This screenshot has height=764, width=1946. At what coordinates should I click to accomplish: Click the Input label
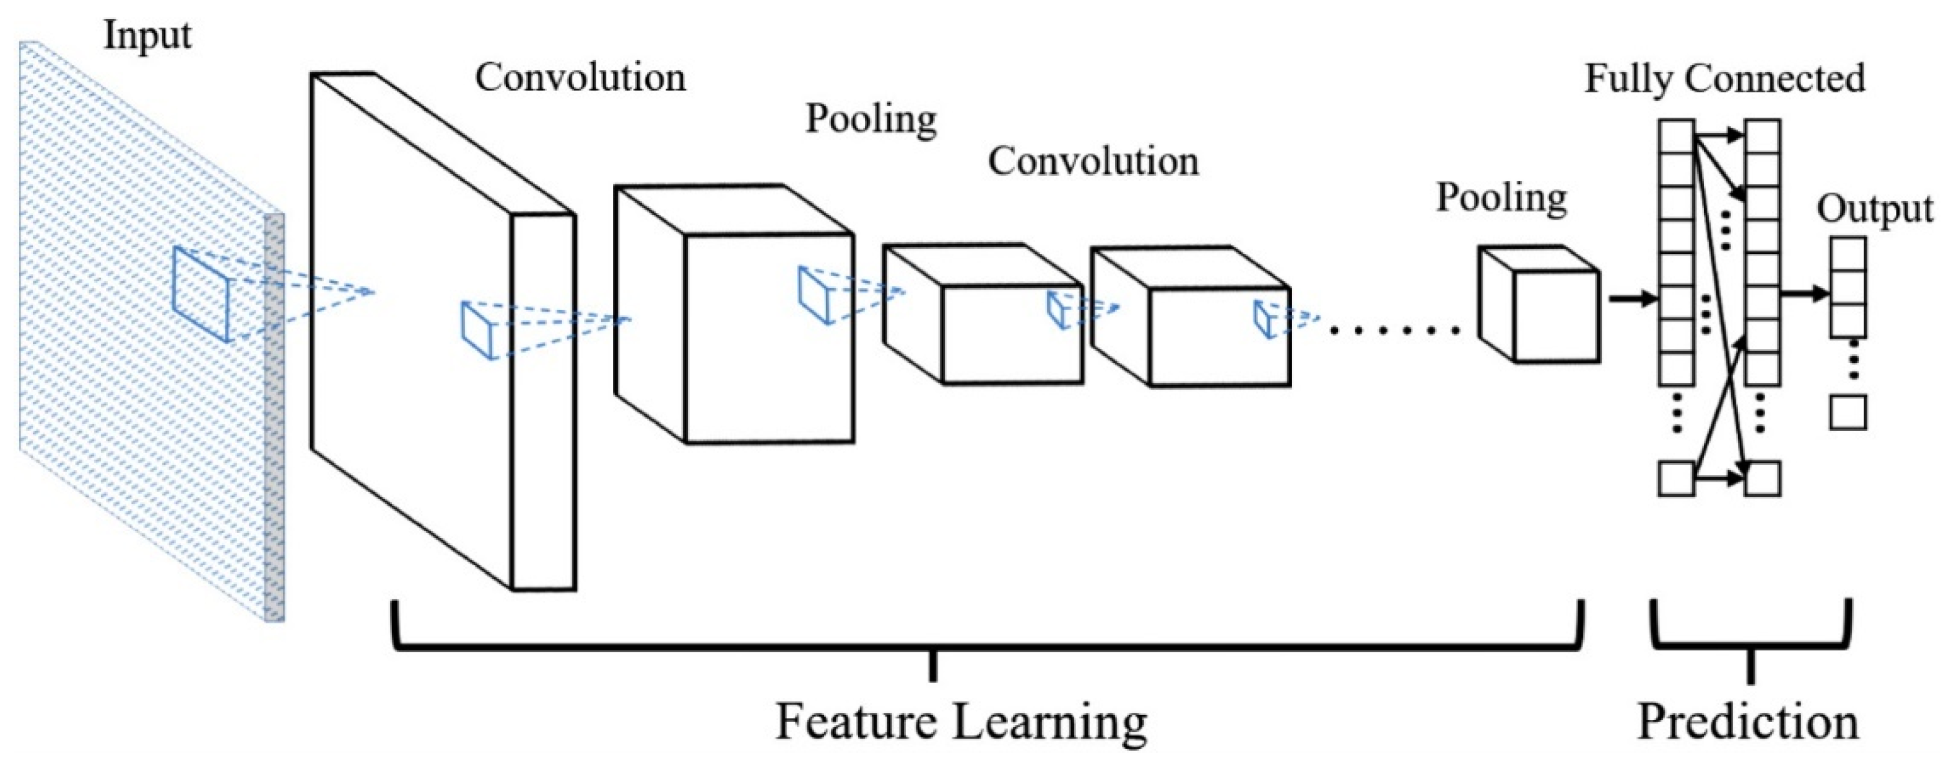(147, 35)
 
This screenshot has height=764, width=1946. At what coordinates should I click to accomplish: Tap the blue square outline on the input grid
(200, 294)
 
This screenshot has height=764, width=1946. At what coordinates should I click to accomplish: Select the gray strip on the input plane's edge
(274, 415)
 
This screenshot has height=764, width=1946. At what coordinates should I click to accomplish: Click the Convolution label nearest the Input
(580, 78)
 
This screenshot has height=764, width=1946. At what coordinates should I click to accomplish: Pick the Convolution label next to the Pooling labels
(1093, 162)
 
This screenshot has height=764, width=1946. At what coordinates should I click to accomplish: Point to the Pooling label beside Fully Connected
(1501, 198)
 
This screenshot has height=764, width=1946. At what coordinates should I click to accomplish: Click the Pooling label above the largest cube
(871, 119)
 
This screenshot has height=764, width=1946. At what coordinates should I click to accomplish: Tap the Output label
(1874, 209)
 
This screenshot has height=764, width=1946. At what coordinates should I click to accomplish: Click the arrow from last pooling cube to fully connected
(1631, 299)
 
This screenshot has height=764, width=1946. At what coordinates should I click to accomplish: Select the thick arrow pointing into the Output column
(1805, 293)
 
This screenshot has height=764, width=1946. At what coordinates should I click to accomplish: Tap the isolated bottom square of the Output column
(1847, 412)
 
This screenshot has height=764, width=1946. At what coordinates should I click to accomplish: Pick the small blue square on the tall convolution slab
(478, 330)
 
